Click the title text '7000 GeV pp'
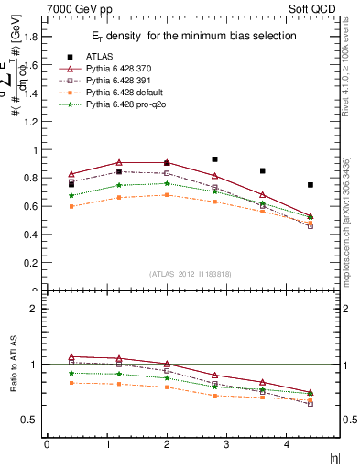[x=72, y=8]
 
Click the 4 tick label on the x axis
[x=286, y=444]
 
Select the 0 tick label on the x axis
[x=47, y=444]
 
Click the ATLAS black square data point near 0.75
[x=311, y=185]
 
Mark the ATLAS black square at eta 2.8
[x=214, y=159]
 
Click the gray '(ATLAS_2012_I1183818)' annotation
[x=190, y=274]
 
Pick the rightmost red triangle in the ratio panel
[x=311, y=392]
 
